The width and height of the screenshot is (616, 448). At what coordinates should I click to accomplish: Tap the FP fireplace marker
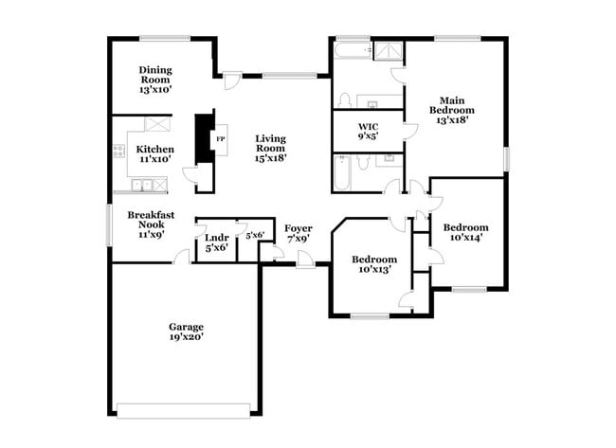tap(221, 139)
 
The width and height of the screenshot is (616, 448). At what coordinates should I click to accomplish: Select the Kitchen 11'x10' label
tap(155, 154)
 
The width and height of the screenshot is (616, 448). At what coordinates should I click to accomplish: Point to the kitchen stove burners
tap(119, 152)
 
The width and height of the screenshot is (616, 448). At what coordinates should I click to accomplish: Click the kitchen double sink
tap(142, 185)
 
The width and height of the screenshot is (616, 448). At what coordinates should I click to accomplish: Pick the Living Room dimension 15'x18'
tap(270, 158)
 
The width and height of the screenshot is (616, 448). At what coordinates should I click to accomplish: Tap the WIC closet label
tap(368, 127)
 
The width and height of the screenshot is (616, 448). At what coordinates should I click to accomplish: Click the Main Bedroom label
tap(452, 105)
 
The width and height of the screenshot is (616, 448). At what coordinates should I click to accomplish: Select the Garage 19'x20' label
tap(186, 332)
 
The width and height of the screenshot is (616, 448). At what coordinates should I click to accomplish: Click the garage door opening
tap(184, 411)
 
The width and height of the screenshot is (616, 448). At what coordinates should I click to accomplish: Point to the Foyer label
tap(299, 228)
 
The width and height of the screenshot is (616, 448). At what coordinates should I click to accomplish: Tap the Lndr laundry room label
tap(217, 238)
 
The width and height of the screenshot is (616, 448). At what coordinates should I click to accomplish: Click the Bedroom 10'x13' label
tap(374, 264)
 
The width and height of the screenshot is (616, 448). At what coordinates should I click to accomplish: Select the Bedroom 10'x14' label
tap(466, 232)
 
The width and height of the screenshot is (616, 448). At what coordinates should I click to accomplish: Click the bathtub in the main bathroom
tap(352, 50)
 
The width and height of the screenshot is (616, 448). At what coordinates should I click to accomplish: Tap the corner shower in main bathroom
tap(389, 51)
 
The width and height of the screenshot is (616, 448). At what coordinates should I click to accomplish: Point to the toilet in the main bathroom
tap(345, 100)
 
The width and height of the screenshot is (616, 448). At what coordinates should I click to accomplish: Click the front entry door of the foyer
tap(306, 260)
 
